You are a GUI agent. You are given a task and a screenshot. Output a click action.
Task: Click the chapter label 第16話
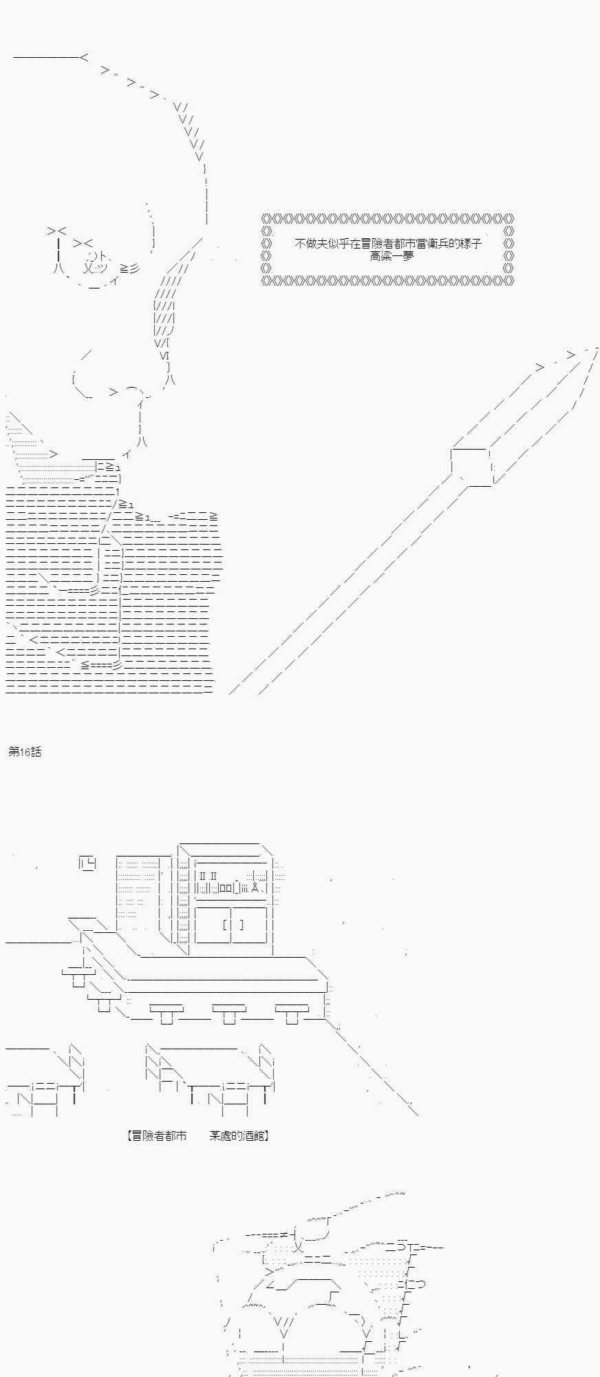(25, 752)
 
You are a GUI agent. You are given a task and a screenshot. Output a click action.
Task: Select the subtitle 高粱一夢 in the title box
(392, 256)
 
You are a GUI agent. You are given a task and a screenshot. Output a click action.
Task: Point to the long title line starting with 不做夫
(388, 244)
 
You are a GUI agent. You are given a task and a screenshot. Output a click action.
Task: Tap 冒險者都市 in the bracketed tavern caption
(160, 1136)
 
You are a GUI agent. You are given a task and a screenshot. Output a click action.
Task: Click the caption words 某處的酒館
(236, 1136)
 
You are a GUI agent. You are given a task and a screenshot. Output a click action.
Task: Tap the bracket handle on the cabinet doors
(233, 924)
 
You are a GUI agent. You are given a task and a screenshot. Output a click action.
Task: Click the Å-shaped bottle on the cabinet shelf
(255, 887)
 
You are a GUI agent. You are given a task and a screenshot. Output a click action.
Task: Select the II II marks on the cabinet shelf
(208, 876)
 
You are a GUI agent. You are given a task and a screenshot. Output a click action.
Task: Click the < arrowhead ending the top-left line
(84, 57)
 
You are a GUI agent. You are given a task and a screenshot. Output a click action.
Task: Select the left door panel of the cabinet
(213, 925)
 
